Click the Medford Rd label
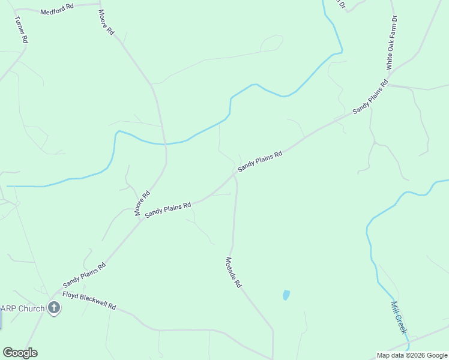[x=56, y=10]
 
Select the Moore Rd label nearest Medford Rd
[x=106, y=22]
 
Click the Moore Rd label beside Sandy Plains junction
[x=142, y=203]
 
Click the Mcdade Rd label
[x=233, y=272]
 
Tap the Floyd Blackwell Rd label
[x=89, y=301]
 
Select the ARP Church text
[x=22, y=309]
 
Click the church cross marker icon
[x=54, y=308]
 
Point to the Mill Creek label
[x=399, y=317]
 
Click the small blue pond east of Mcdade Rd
[x=286, y=295]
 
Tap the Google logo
[x=20, y=353]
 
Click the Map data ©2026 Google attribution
[x=412, y=355]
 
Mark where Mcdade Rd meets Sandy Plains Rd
[x=234, y=176]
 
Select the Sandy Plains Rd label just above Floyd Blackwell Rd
[x=84, y=274]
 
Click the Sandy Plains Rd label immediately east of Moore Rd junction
[x=167, y=209]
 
